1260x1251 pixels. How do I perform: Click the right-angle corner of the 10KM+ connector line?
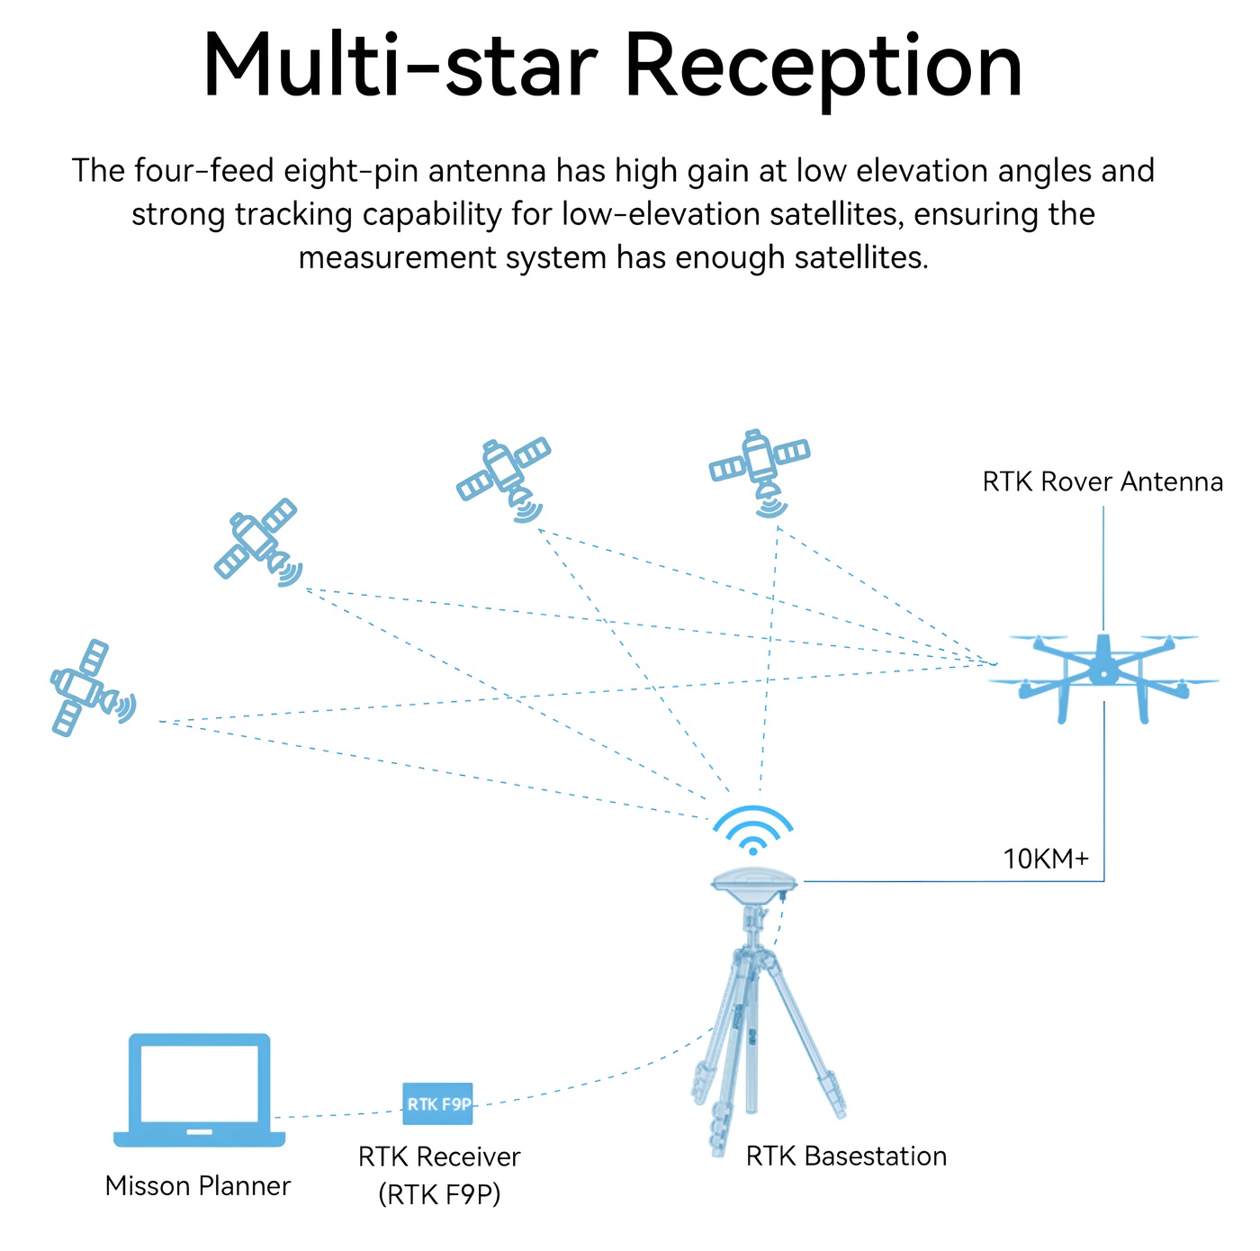(1103, 881)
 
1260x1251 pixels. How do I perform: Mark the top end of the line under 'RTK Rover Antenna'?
(1103, 506)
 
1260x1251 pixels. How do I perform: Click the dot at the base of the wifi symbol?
(752, 850)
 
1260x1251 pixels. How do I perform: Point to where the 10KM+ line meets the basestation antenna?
(804, 881)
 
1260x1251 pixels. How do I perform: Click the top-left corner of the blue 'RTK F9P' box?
(403, 1083)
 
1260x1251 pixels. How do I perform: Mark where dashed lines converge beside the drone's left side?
(996, 664)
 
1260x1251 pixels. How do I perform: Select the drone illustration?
(1103, 678)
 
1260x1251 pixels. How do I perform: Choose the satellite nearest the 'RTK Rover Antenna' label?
(760, 472)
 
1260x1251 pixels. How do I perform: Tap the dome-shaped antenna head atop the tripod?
(754, 881)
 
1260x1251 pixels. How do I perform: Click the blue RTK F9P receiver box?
(437, 1104)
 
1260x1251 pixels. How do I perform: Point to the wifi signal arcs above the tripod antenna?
(752, 830)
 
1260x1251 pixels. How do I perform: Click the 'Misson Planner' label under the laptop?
(197, 1185)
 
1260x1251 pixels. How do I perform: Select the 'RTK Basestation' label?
(846, 1156)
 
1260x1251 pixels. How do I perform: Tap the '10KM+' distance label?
(1046, 859)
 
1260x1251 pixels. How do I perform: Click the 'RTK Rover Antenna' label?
(1102, 481)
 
